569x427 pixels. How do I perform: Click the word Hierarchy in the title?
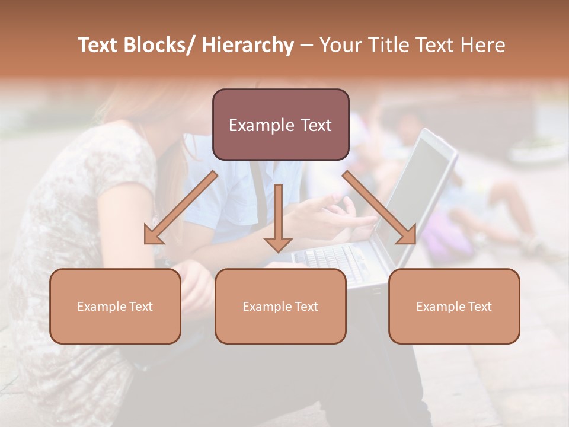point(248,45)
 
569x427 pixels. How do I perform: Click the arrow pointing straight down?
point(278,219)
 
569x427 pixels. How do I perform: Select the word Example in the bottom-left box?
point(100,307)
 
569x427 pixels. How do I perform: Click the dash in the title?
point(306,45)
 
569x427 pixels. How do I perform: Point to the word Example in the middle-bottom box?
point(265,307)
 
